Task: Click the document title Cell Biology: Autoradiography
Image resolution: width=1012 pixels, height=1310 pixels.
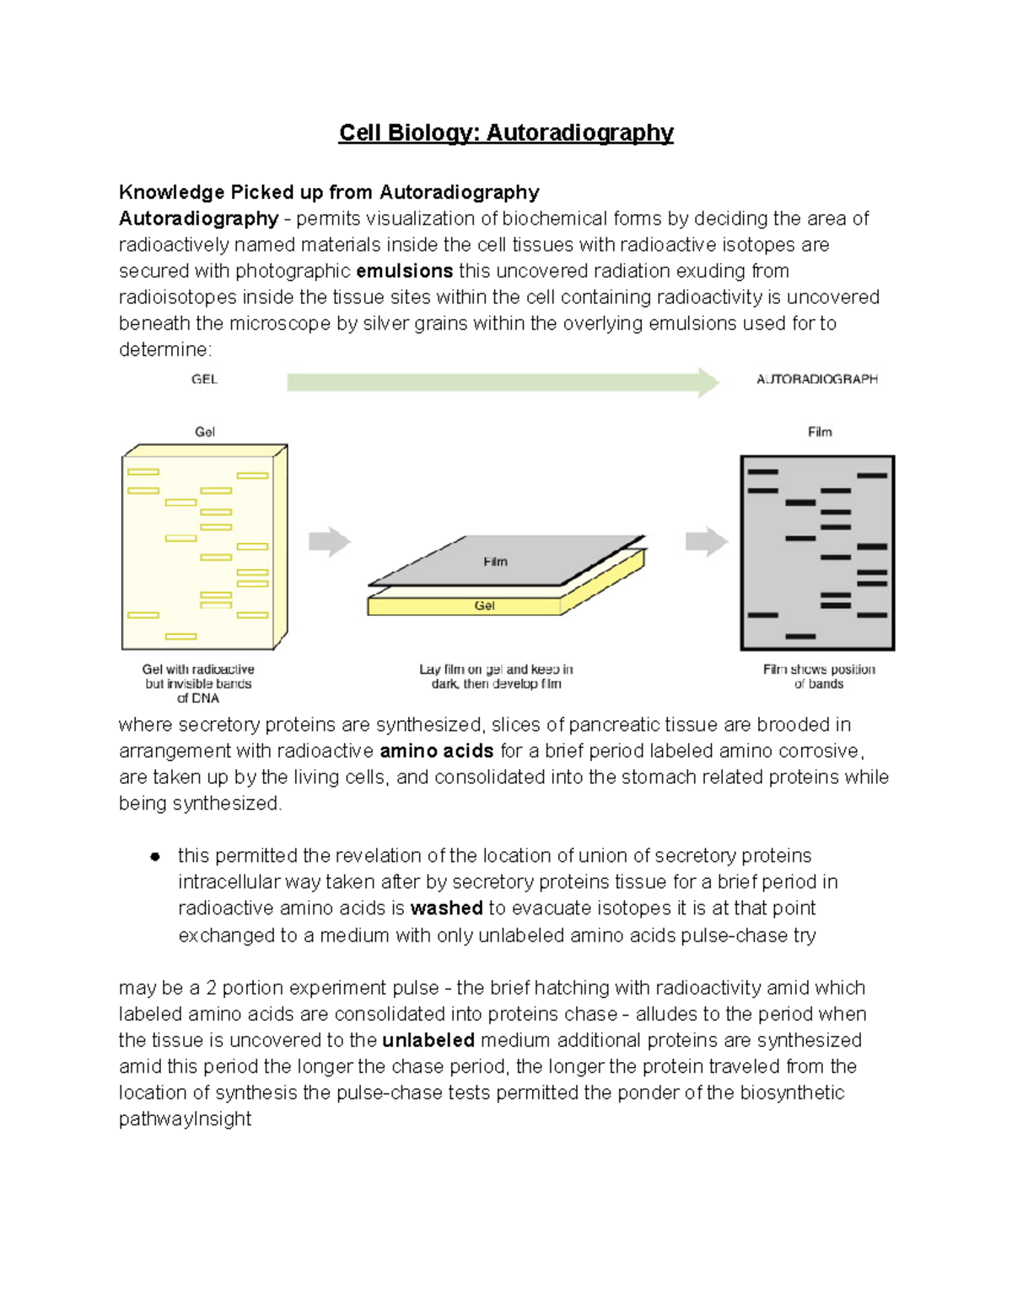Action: [506, 133]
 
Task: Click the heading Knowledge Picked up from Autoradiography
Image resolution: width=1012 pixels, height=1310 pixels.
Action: [329, 192]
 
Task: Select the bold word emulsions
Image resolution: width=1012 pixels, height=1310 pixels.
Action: [405, 271]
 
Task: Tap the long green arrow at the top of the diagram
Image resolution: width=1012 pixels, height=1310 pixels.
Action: [503, 382]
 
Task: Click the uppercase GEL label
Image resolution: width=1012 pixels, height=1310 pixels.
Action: [204, 380]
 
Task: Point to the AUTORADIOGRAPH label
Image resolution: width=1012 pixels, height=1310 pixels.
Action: [816, 380]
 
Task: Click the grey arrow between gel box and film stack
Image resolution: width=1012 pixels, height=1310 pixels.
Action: [329, 542]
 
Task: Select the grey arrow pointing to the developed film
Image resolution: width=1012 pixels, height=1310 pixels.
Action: [706, 542]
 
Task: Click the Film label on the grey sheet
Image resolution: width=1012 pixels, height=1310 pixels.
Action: [495, 562]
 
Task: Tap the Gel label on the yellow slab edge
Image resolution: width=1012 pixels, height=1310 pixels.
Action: [484, 606]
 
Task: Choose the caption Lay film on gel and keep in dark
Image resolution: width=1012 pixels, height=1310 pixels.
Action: [496, 677]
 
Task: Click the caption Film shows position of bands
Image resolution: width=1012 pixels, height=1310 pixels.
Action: [819, 677]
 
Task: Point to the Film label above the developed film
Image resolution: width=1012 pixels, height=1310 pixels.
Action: [820, 432]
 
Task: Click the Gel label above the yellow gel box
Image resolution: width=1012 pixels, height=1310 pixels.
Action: [205, 432]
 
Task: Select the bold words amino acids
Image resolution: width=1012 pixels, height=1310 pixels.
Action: [437, 751]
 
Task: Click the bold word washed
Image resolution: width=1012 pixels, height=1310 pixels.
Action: [446, 908]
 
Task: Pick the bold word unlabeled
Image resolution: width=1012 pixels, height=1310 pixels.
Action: [428, 1040]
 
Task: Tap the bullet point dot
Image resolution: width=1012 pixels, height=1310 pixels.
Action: [155, 857]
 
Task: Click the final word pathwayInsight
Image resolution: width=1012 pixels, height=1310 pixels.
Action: [185, 1119]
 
